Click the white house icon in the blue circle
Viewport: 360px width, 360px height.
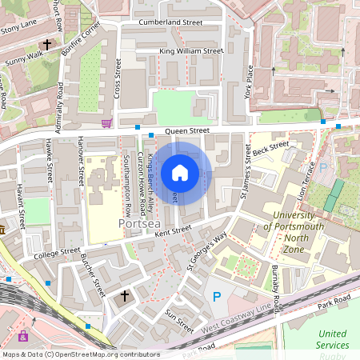coord(180,172)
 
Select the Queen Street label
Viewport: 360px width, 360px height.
coord(187,130)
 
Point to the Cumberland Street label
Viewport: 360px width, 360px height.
coord(170,22)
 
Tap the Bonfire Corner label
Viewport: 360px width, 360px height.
coord(82,37)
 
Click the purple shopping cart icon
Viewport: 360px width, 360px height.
coord(106,123)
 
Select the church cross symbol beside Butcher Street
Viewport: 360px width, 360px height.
coord(124,296)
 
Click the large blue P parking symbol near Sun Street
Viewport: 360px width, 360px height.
coord(216,297)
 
